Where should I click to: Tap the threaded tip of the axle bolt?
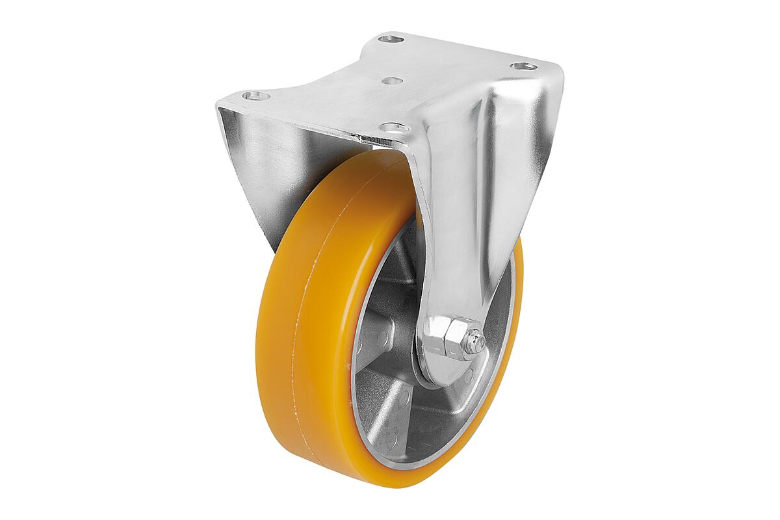[x=477, y=341]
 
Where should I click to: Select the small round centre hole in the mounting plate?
[x=392, y=81]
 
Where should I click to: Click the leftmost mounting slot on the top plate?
[x=256, y=96]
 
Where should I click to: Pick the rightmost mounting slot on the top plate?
[x=524, y=66]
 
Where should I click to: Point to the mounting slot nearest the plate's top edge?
[x=391, y=39]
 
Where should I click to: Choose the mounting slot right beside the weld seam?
[x=395, y=127]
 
